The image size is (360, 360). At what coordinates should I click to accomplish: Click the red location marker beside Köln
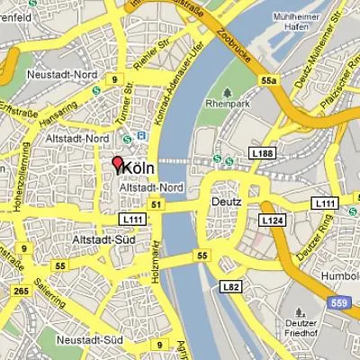116,166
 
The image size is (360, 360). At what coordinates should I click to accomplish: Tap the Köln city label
138,168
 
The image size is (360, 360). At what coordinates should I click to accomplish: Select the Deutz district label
226,202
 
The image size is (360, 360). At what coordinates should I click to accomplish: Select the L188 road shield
264,155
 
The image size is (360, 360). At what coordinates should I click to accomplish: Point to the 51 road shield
157,205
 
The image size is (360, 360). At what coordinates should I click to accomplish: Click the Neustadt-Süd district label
89,339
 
